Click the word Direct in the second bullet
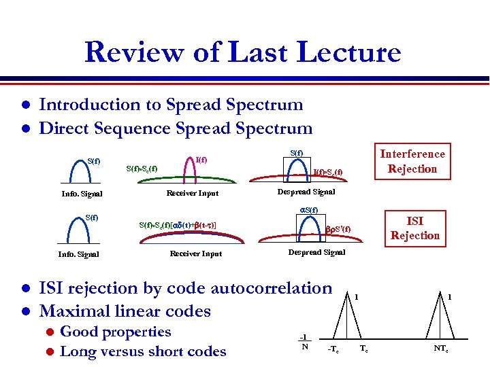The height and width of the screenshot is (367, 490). coord(67,128)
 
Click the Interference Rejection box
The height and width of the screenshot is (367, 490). coord(412,161)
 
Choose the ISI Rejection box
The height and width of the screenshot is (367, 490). coord(414,228)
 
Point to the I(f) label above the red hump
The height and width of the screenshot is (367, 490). coord(201,160)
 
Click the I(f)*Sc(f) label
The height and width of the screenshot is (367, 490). coord(327,172)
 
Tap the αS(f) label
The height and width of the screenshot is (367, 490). coord(309,210)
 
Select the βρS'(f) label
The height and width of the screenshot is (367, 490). coord(338,229)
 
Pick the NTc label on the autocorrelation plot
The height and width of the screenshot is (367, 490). coord(440,349)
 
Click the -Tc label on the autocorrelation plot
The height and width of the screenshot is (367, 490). coord(333,349)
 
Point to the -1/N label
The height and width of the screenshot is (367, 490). coord(304,341)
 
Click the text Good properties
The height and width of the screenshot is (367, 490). coord(116,332)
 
